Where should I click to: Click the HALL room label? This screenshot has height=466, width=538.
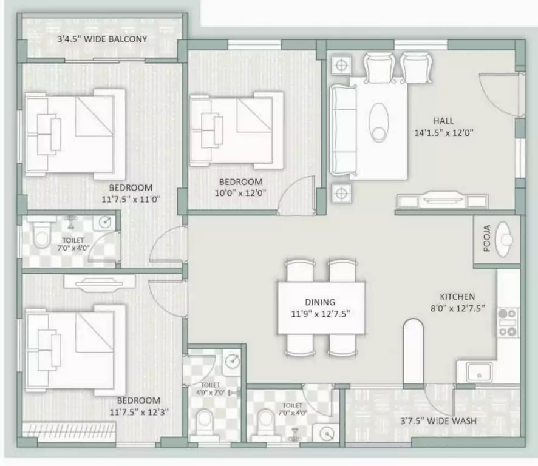coord(443,121)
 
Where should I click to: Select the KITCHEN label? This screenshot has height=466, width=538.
coord(457,297)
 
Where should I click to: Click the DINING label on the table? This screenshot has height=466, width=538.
coord(320,302)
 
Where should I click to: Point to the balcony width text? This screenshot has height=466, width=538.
coord(102,39)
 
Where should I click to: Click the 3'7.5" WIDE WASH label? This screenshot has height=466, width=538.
coord(438,420)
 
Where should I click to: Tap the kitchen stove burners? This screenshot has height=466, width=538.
coord(508,322)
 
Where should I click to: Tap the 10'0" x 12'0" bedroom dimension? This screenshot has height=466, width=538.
coord(241,193)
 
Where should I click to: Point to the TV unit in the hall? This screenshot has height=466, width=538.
coord(442,200)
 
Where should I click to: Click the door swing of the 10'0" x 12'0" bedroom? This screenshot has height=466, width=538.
coord(296,194)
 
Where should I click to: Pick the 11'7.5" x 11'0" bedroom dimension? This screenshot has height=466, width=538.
coord(135,198)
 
